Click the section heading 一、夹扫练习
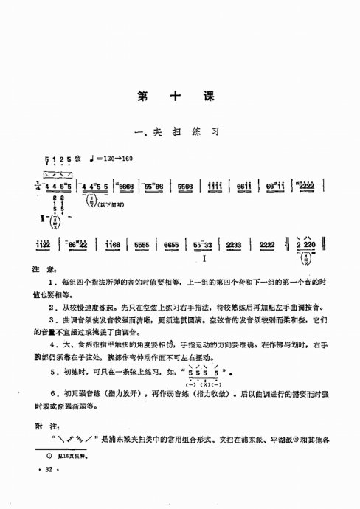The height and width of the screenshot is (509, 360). pyautogui.click(x=179, y=132)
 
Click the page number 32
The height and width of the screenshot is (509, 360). pyautogui.click(x=49, y=489)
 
